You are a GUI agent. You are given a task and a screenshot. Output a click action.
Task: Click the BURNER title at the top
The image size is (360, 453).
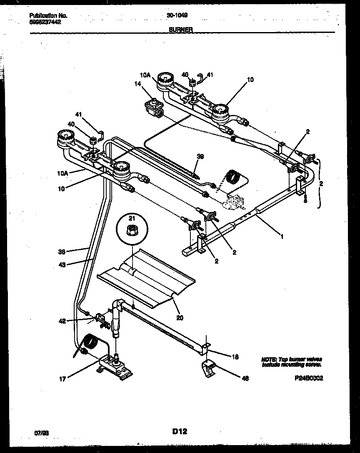(x=181, y=30)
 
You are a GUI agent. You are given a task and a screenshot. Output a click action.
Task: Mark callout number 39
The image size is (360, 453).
(x=200, y=157)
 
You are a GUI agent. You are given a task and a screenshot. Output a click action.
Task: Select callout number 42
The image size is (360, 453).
(x=62, y=321)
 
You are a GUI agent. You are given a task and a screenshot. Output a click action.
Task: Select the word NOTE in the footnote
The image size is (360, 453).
(x=268, y=359)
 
